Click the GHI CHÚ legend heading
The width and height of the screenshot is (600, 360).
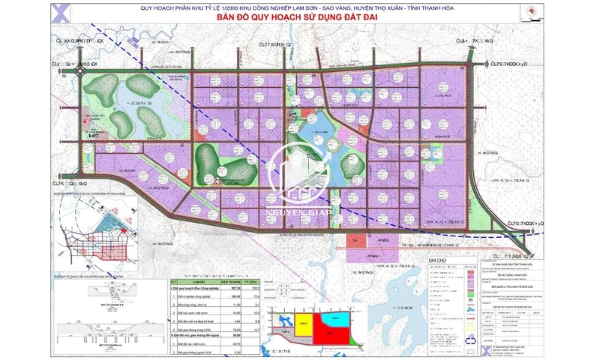(437, 259)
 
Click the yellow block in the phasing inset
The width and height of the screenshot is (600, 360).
(303, 323)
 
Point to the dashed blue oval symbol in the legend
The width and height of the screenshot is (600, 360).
(470, 338)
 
